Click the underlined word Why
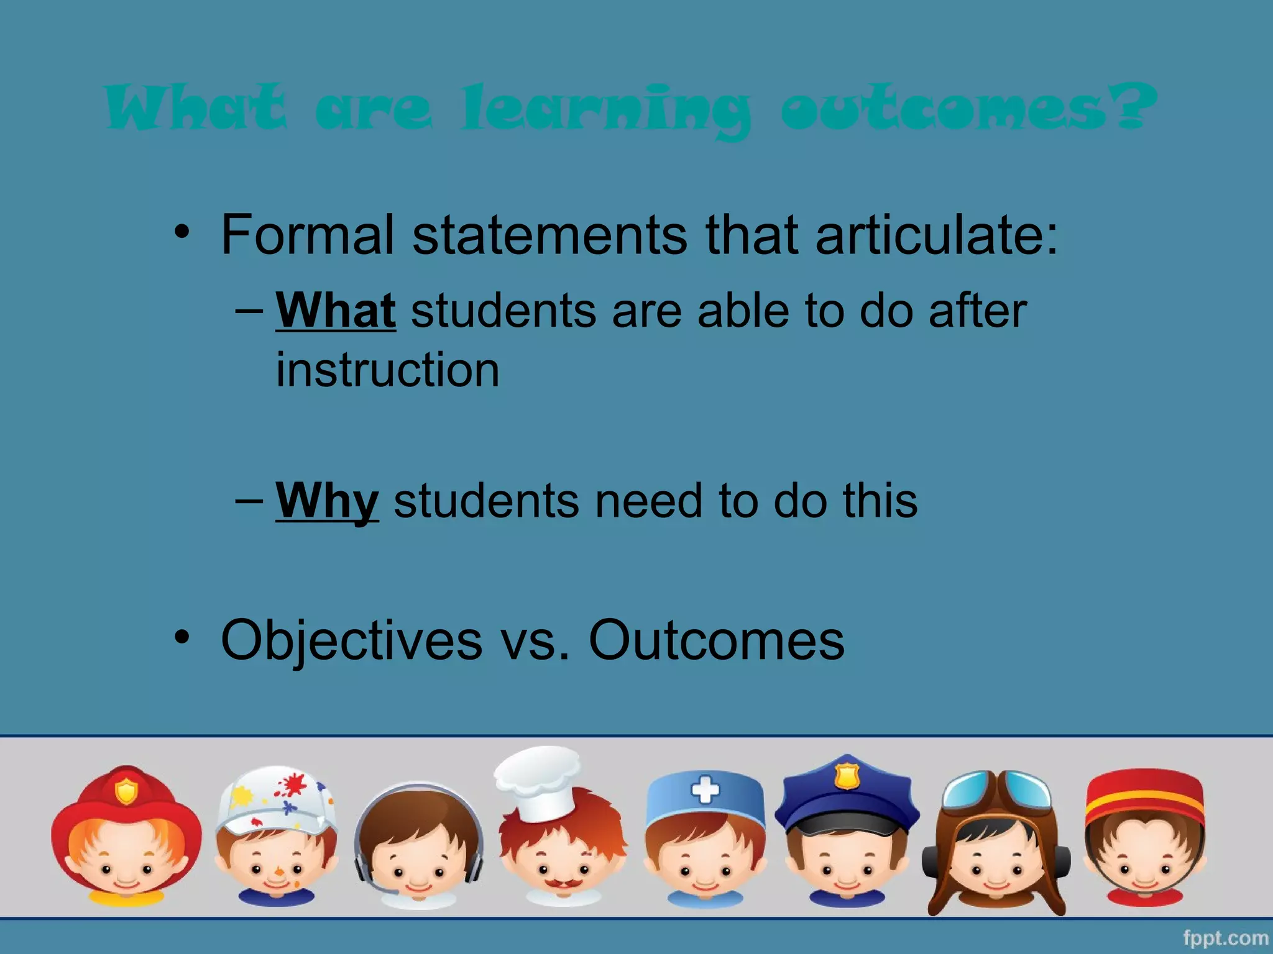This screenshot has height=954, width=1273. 327,501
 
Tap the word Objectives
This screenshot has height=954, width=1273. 351,640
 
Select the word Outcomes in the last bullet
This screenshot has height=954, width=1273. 716,640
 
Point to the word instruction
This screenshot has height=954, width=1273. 387,370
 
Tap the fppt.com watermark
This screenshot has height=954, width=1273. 1225,938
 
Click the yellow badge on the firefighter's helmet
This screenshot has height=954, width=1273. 126,791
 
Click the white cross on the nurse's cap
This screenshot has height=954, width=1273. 705,791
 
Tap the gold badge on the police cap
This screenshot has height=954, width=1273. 847,776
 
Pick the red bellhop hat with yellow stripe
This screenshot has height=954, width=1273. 1144,799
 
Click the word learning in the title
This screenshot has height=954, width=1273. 606,110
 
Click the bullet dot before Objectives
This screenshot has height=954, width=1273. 181,637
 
